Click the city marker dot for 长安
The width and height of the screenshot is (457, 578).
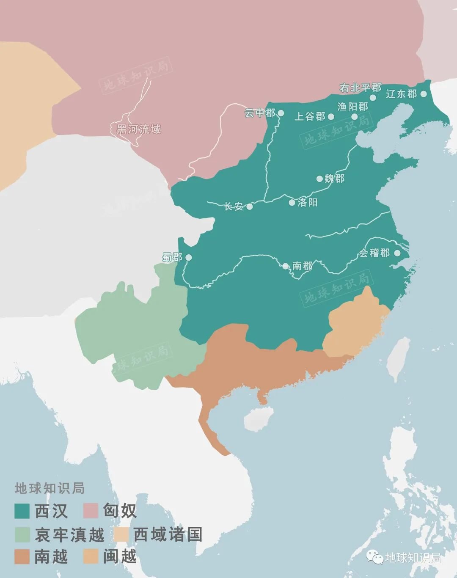250,207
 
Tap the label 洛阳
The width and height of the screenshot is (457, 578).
307,202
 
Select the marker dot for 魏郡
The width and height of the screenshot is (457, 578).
320,179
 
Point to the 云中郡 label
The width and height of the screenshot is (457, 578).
259,113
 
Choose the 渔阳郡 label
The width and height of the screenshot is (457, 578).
352,107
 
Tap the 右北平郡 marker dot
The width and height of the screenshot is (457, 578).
373,98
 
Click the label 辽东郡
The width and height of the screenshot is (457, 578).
401,94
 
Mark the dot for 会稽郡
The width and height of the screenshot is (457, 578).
397,253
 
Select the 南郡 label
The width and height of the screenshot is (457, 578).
302,266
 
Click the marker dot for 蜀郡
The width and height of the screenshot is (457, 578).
188,257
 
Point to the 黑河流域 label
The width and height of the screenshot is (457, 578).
138,129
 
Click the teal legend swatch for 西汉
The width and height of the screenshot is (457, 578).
22,511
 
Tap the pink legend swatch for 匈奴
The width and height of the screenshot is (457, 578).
91,511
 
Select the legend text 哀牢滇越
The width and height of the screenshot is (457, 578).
69,534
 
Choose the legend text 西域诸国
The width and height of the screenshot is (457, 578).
168,534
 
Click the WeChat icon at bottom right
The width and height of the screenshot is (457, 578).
374,558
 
